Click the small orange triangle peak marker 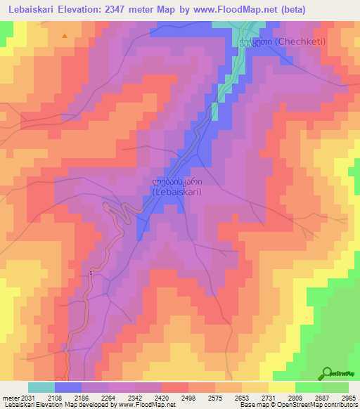[65, 35]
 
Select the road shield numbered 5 [91, 273]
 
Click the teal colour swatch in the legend [41, 387]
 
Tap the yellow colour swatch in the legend [282, 387]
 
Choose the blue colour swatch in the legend [68, 387]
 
